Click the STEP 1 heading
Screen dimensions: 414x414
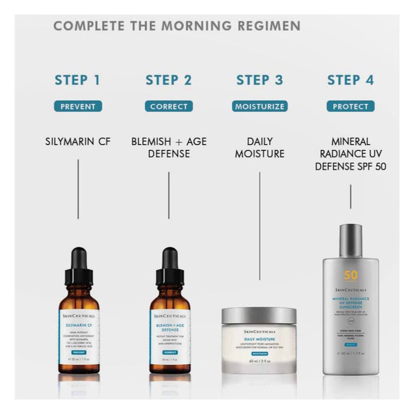[77, 80]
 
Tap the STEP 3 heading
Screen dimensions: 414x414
[260, 80]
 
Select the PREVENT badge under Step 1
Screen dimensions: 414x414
[78, 106]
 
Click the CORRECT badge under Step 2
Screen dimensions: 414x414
[169, 106]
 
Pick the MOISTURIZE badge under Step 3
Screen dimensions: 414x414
[259, 106]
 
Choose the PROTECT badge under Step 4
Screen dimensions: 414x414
[350, 106]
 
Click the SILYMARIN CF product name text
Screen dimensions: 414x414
[78, 142]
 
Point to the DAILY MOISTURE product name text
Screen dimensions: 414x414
[260, 147]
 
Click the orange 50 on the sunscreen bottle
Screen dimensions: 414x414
[350, 276]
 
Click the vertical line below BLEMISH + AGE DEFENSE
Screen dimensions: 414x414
[169, 195]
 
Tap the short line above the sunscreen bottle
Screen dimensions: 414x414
[350, 197]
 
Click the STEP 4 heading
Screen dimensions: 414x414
[350, 80]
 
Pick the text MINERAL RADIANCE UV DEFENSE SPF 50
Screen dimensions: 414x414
[350, 154]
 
